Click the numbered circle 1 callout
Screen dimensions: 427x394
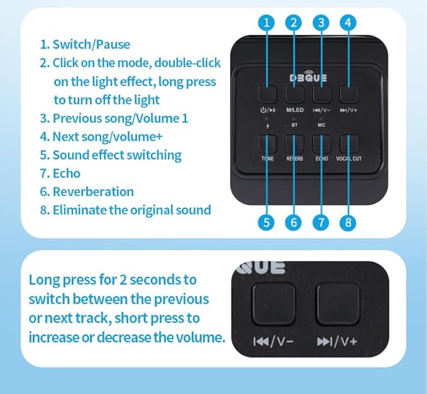pyautogui.click(x=267, y=23)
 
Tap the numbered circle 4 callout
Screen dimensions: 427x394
pyautogui.click(x=348, y=23)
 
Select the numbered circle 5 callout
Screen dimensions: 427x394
pyautogui.click(x=267, y=222)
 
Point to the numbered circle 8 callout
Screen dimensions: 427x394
pyautogui.click(x=348, y=222)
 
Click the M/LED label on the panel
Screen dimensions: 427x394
pyautogui.click(x=295, y=110)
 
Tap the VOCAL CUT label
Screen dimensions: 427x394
pyautogui.click(x=349, y=158)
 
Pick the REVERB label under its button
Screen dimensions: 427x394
pyautogui.click(x=294, y=158)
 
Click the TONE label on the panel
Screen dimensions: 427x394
pyautogui.click(x=267, y=158)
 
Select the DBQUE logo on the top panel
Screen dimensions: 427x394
pyautogui.click(x=308, y=77)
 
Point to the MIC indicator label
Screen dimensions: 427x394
pyautogui.click(x=321, y=125)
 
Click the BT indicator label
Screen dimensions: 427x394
pyautogui.click(x=294, y=125)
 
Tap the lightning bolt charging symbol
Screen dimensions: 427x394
pyautogui.click(x=268, y=126)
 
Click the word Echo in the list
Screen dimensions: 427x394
pyautogui.click(x=67, y=173)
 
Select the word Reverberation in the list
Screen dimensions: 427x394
pyautogui.click(x=93, y=192)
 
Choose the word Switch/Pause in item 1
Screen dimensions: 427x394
pyautogui.click(x=91, y=45)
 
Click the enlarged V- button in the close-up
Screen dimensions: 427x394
pyautogui.click(x=274, y=304)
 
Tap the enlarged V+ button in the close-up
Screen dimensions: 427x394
pyautogui.click(x=338, y=304)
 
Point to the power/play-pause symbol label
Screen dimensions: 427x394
pyautogui.click(x=268, y=110)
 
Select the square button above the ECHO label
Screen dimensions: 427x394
pyautogui.click(x=321, y=144)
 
